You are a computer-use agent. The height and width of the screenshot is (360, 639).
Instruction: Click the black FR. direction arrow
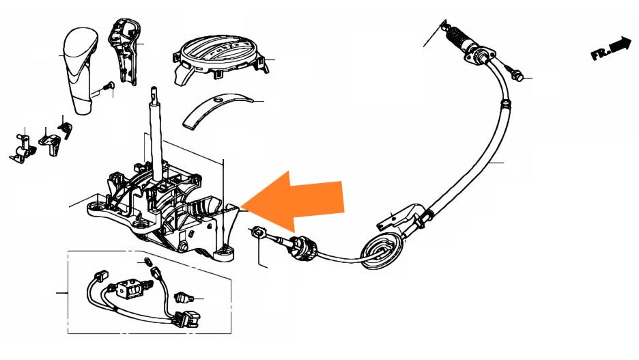point(612,48)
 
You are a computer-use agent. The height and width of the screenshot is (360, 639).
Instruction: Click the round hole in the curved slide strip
point(218,101)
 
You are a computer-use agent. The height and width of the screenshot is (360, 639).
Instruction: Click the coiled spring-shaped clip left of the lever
point(66,128)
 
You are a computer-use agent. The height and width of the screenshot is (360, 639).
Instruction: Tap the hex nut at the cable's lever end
point(258,232)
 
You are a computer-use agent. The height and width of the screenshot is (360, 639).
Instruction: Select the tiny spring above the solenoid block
point(146,263)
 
